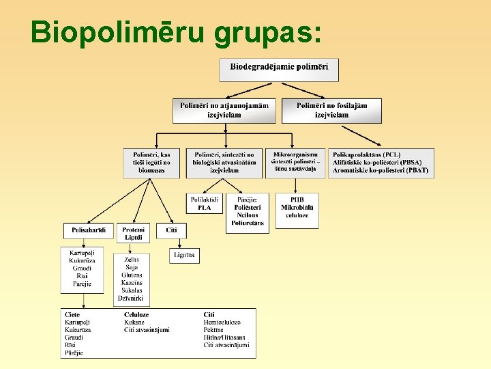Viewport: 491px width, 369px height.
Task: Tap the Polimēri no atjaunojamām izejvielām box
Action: (224, 110)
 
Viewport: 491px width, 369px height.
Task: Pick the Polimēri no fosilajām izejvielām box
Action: (331, 110)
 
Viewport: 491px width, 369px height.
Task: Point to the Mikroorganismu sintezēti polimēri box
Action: (295, 163)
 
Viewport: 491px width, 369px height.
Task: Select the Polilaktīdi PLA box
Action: (205, 203)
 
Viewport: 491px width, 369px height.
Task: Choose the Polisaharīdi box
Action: (88, 230)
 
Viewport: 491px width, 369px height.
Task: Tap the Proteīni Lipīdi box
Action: (133, 234)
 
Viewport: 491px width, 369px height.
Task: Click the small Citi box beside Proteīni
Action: (171, 230)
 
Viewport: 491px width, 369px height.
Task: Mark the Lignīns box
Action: (184, 255)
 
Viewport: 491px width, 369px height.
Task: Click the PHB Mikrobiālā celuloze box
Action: (297, 207)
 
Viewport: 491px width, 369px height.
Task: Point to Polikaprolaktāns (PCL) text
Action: (367, 154)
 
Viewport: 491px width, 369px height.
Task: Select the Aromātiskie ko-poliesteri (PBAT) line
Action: (381, 170)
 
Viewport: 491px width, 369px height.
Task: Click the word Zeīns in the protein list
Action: (132, 260)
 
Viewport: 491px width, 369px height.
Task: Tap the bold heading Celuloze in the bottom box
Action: (136, 314)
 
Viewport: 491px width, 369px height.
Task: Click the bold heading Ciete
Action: (72, 314)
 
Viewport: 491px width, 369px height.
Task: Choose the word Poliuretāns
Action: (248, 223)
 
